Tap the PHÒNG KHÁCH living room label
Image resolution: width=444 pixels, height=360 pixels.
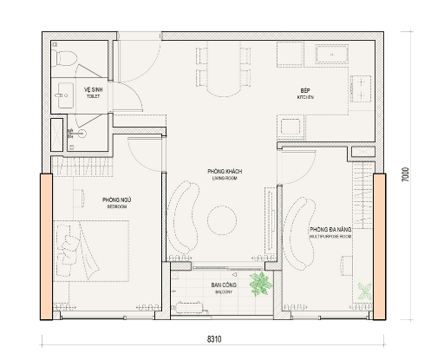[x=225, y=173]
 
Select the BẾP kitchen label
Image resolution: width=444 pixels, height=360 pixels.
[x=305, y=92]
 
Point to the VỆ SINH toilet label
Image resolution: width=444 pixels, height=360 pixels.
[x=93, y=92]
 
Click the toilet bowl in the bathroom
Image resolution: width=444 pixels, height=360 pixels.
[x=63, y=58]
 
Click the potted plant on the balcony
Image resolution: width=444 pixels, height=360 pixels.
[x=258, y=283]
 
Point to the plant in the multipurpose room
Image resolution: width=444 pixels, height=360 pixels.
[x=366, y=291]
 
